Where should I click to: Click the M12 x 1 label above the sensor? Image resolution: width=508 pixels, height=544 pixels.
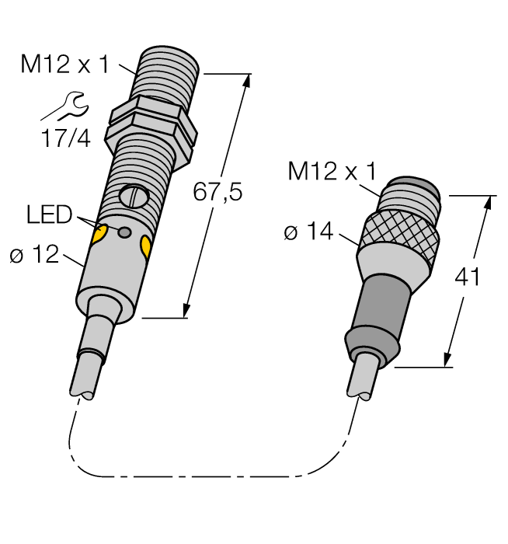coord(65,65)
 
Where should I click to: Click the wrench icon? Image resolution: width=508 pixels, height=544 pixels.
coord(65,106)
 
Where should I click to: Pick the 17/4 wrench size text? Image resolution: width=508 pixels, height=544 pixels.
coord(65,139)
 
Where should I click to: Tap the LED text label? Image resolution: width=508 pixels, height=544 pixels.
coord(49,214)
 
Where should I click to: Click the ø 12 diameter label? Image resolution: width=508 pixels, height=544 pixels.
coord(35,254)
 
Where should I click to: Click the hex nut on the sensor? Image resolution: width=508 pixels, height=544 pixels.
coord(151,124)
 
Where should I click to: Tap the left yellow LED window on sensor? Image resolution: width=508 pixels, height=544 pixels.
coord(99,235)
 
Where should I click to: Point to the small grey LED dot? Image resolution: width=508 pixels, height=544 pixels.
coord(124,232)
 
